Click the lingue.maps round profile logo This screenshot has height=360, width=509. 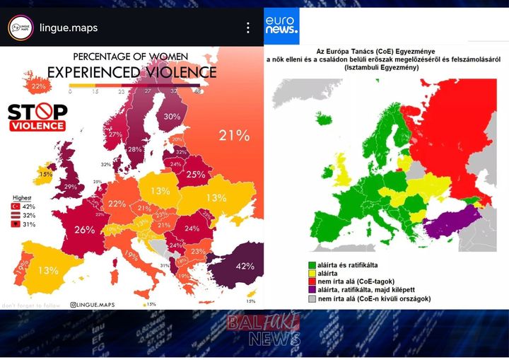[x=20, y=28]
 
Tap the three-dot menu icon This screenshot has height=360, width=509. [x=247, y=28]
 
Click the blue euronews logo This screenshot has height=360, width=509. [x=282, y=26]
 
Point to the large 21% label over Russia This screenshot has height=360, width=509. [x=234, y=135]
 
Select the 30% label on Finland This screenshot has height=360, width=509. [x=172, y=117]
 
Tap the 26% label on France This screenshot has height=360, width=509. [x=84, y=229]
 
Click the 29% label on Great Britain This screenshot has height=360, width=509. [x=71, y=187]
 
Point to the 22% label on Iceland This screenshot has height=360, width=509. [x=38, y=86]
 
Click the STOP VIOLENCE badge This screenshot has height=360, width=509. [x=37, y=117]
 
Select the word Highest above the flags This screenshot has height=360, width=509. [x=23, y=198]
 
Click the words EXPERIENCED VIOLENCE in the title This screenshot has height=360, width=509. [x=131, y=71]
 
